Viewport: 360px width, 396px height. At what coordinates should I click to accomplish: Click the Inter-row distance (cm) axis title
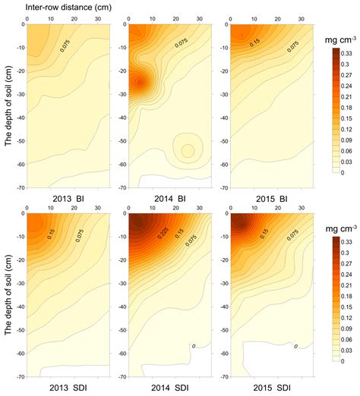click(63, 7)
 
